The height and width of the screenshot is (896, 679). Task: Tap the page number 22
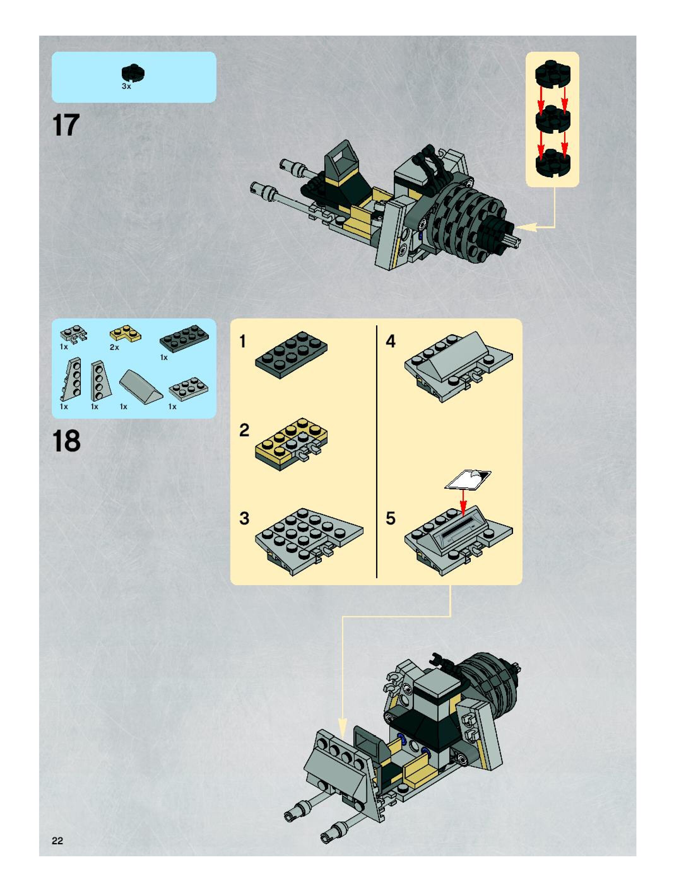[x=57, y=841]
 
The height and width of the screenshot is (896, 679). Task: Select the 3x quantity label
[x=127, y=87]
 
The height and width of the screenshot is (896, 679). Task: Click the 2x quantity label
[x=114, y=347]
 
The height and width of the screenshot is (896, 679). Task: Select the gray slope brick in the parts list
[x=141, y=386]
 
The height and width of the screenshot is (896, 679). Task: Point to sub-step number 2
[x=244, y=430]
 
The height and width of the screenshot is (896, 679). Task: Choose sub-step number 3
[x=244, y=519]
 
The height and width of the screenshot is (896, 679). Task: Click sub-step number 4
[x=390, y=341]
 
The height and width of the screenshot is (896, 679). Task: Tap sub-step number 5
[x=390, y=519]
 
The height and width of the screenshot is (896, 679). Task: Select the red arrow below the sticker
[x=463, y=502]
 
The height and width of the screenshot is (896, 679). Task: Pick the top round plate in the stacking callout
[x=552, y=74]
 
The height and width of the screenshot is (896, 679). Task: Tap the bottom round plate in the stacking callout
[x=552, y=162]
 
